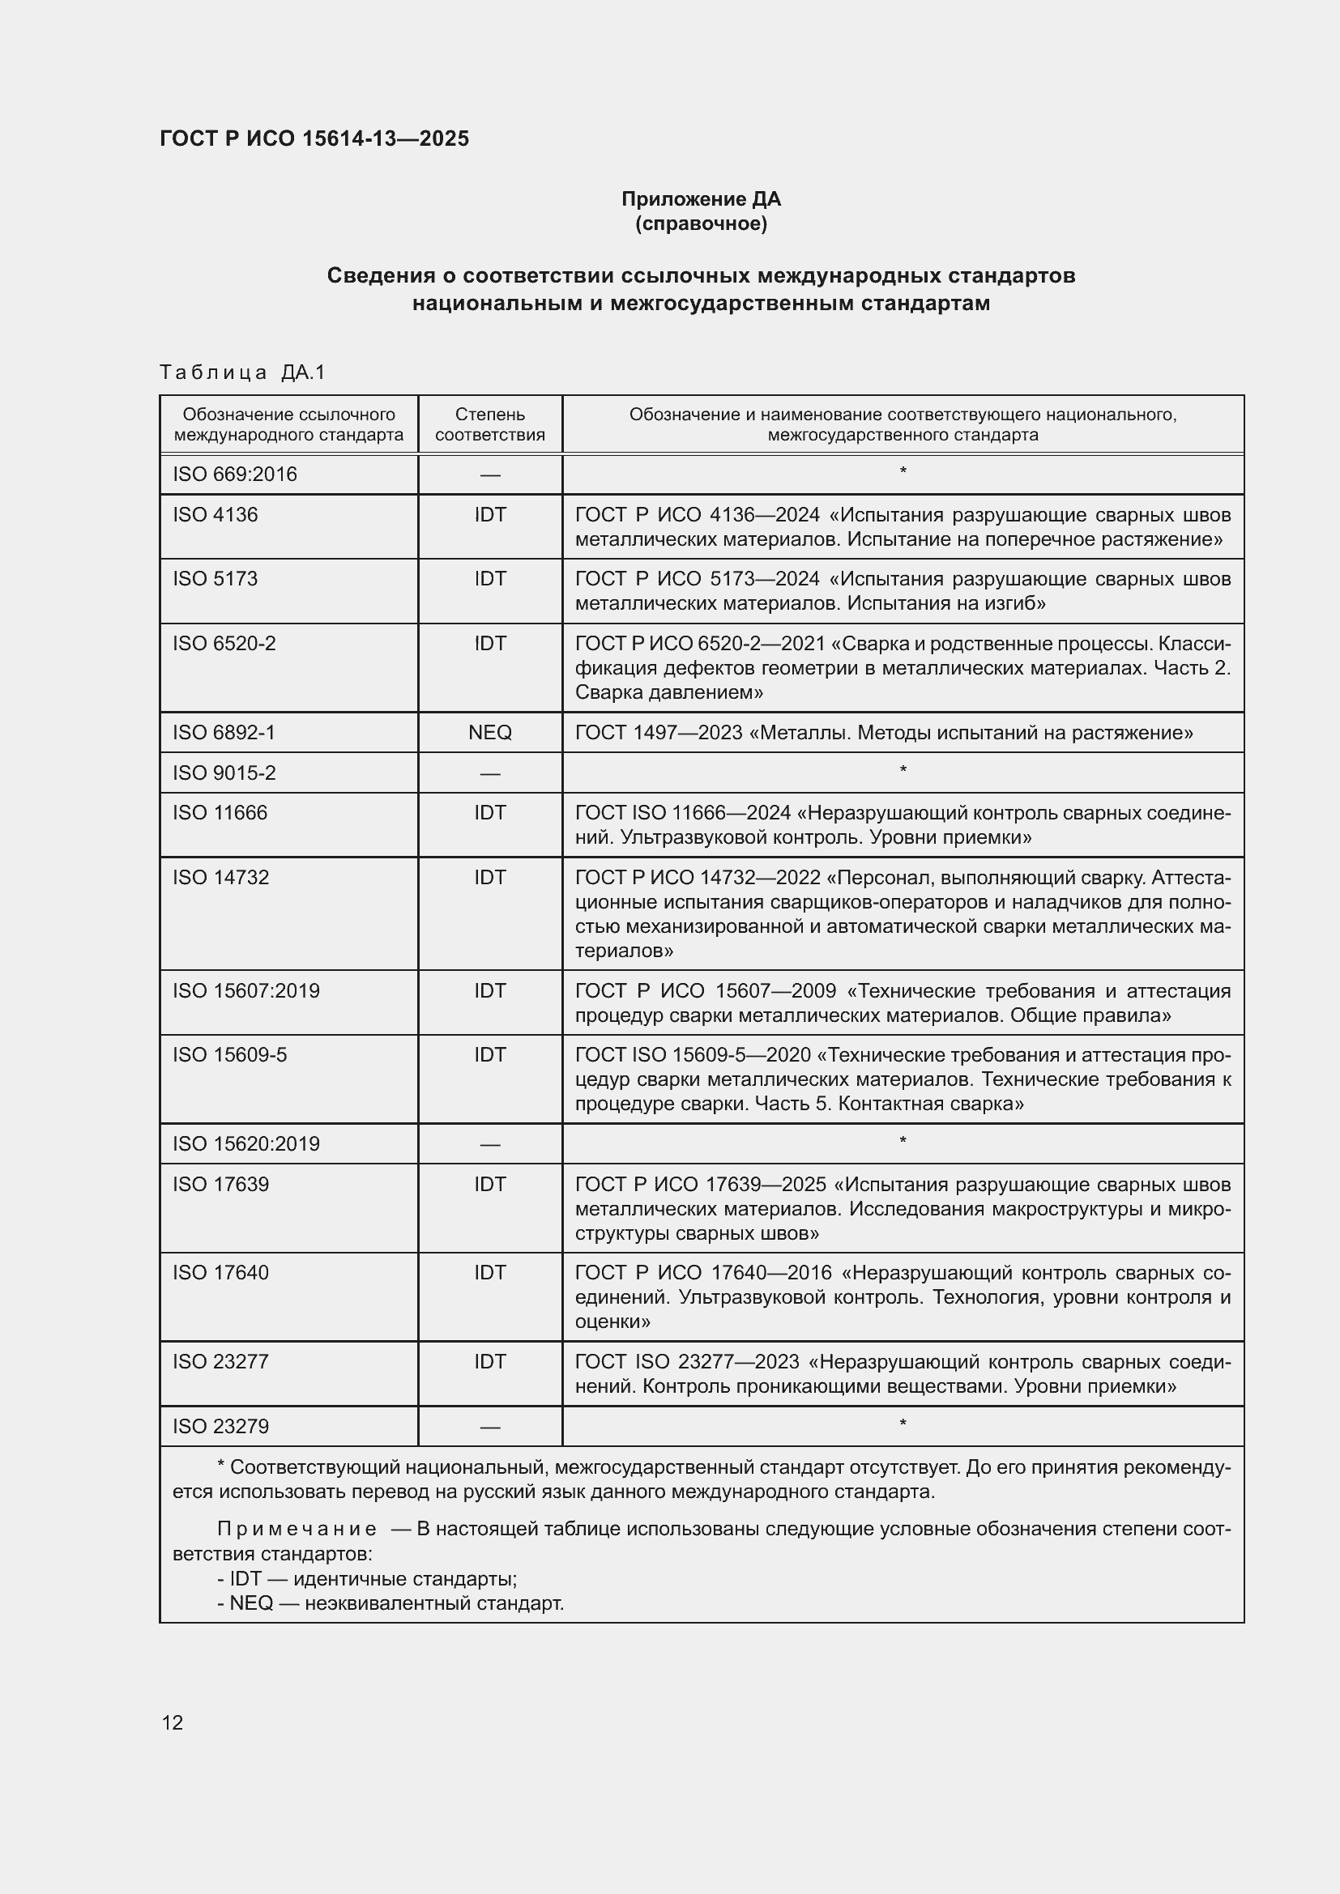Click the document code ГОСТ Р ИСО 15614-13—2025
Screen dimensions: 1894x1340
tap(314, 138)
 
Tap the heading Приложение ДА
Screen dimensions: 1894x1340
tap(701, 199)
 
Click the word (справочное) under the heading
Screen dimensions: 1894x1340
tap(701, 223)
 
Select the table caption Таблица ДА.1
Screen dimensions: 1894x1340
tap(242, 372)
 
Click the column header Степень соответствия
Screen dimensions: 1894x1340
tap(489, 424)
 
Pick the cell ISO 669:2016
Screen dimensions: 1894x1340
tap(234, 475)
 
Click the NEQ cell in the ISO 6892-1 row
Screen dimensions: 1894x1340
tap(489, 733)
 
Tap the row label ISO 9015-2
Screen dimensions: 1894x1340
tap(224, 773)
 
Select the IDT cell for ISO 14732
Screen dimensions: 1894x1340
tap(489, 877)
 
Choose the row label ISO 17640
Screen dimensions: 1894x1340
tap(220, 1273)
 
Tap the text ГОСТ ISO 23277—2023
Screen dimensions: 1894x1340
tap(686, 1362)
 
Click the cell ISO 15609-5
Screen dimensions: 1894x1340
tap(229, 1055)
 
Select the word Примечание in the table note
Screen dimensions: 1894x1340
tap(297, 1530)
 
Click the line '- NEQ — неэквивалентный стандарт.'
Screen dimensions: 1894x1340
tap(390, 1603)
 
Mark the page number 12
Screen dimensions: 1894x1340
tap(173, 1722)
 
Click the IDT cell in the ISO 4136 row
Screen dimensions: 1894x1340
tap(489, 515)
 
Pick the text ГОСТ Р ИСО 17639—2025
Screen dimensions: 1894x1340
tap(700, 1185)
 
